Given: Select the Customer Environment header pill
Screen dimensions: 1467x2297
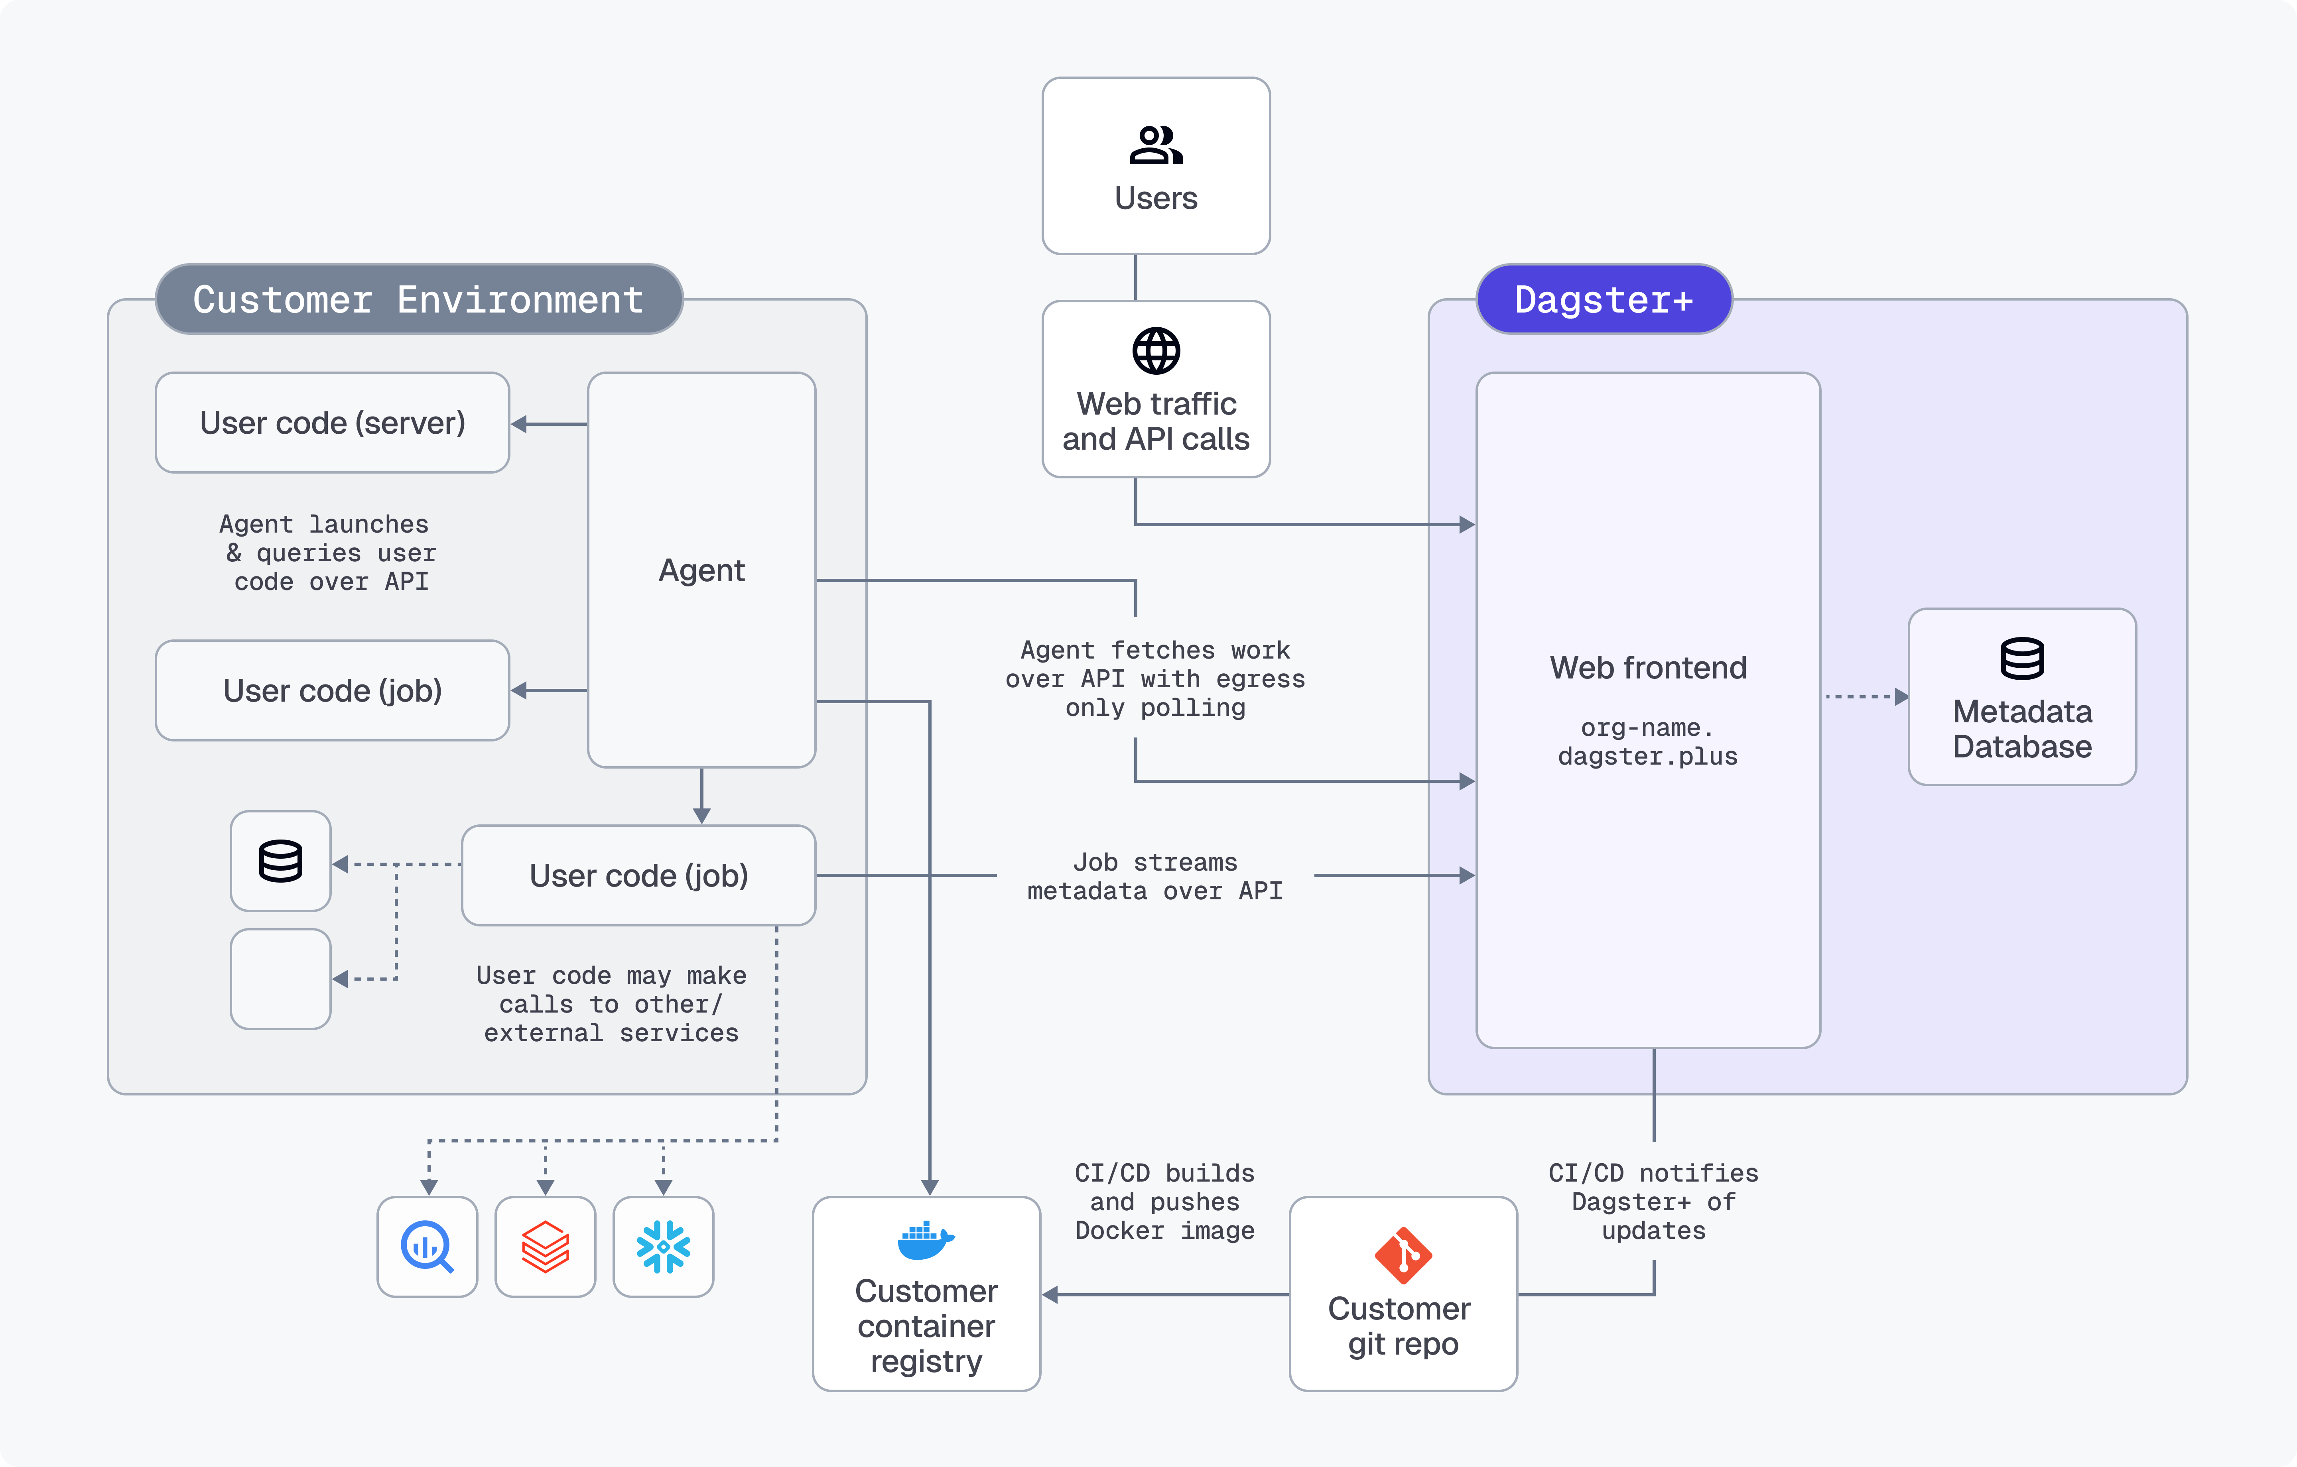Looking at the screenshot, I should pos(419,299).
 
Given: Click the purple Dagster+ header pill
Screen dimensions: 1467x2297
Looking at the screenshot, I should pos(1604,299).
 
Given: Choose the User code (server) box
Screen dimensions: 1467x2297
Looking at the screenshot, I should pos(332,423).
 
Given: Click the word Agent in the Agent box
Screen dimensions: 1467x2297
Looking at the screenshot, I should pos(701,570).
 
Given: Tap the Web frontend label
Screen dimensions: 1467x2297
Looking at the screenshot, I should pos(1647,668).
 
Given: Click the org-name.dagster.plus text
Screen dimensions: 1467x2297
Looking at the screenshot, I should pos(1647,742).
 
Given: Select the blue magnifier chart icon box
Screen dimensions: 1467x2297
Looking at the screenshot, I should pos(427,1247).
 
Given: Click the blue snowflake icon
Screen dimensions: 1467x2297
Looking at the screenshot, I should pos(663,1247).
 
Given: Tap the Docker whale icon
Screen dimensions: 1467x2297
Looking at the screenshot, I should pos(925,1240).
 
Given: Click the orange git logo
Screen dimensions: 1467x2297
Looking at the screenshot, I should pos(1402,1255).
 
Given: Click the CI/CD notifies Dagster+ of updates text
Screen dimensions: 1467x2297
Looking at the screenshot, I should pos(1653,1202).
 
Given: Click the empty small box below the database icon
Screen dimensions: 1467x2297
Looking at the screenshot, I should pos(280,979).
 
